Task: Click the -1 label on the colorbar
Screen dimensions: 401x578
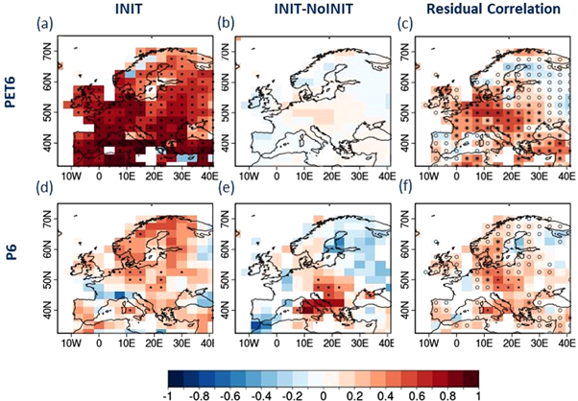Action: click(169, 392)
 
